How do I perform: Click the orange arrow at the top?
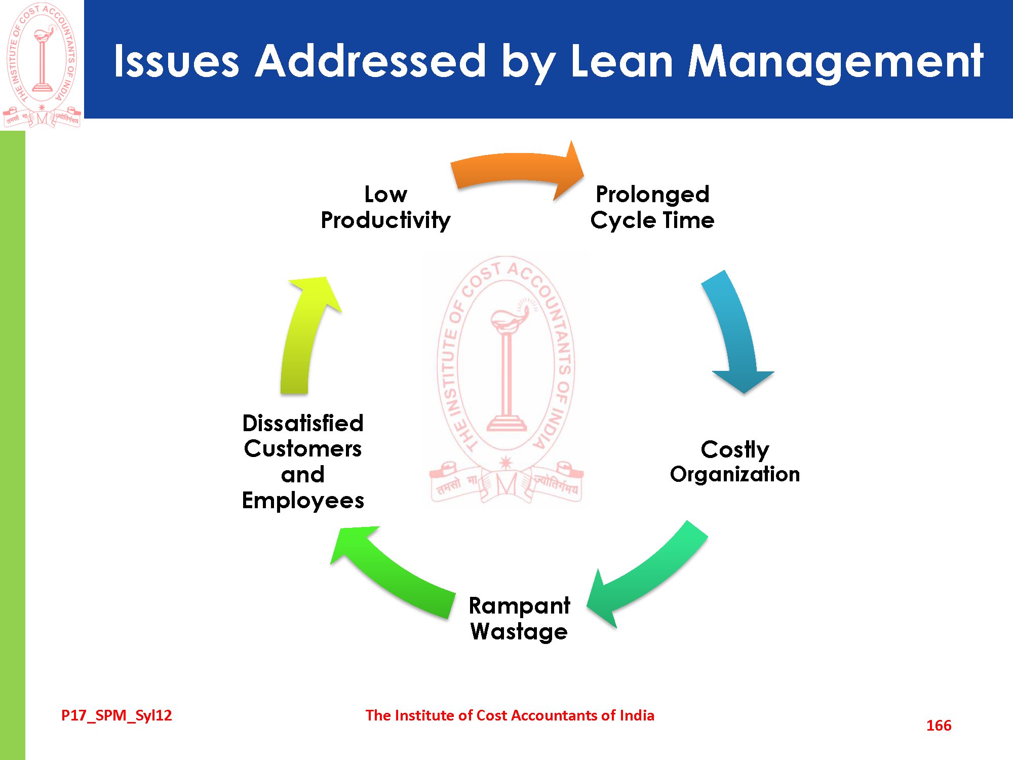coord(517,170)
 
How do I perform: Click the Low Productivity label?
coord(385,207)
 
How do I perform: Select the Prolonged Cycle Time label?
coord(652,207)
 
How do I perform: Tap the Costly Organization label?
coord(735,462)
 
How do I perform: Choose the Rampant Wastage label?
coord(519,619)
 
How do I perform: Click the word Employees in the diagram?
coord(303,501)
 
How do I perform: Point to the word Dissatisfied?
coord(303,423)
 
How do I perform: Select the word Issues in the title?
coord(176,61)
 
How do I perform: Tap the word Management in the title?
coord(835,61)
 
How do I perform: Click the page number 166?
coord(939,726)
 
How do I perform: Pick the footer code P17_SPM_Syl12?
coord(116,715)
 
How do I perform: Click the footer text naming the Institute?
coord(510,715)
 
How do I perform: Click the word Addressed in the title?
coord(370,61)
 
